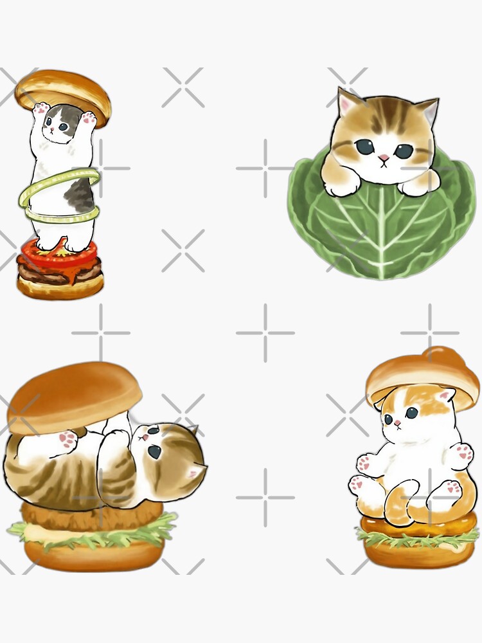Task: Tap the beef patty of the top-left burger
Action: point(59,272)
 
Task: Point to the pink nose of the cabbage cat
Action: point(383,158)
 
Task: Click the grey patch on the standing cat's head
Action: point(71,116)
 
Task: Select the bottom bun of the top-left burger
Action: point(59,288)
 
